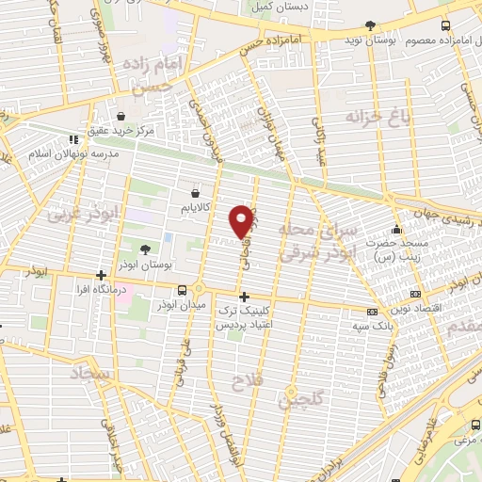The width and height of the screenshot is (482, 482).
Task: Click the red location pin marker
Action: [242, 221]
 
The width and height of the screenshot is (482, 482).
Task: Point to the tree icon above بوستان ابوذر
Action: [145, 249]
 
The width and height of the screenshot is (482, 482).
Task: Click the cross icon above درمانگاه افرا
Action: [101, 277]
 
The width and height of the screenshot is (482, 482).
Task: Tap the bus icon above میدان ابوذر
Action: [197, 290]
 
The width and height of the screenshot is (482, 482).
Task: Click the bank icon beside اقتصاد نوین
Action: [373, 311]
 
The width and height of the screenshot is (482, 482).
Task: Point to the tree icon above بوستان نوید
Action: [368, 26]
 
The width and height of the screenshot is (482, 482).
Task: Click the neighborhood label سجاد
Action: [89, 375]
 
